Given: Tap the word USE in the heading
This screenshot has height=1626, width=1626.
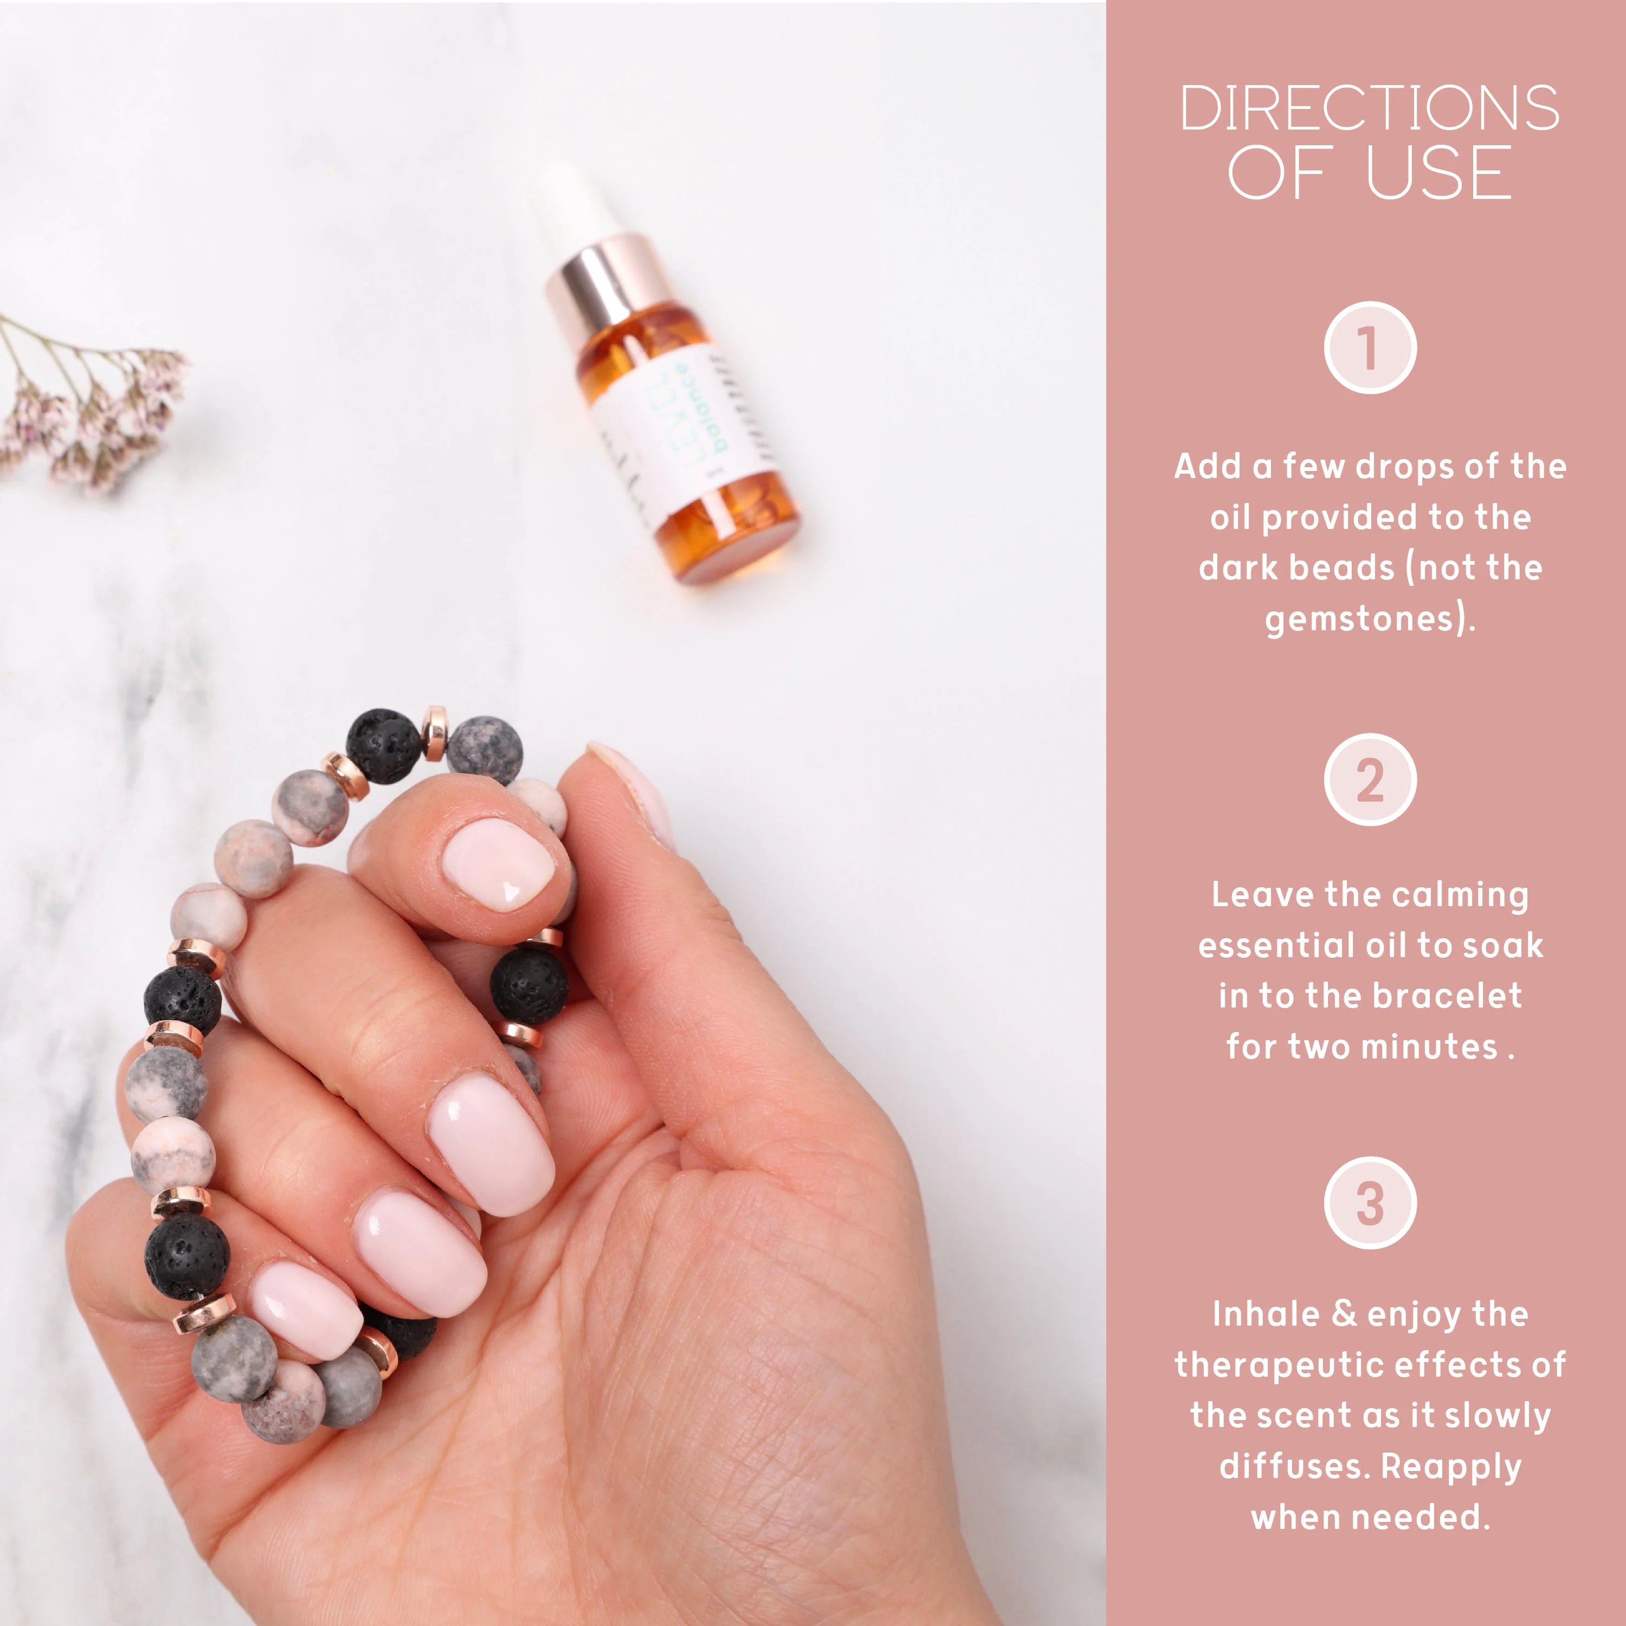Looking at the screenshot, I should (1438, 172).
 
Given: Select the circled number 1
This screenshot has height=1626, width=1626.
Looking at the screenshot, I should (1369, 347).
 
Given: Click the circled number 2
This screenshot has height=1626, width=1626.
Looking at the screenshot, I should (1369, 779).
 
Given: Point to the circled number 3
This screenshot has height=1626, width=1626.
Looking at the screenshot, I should (1369, 1203).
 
